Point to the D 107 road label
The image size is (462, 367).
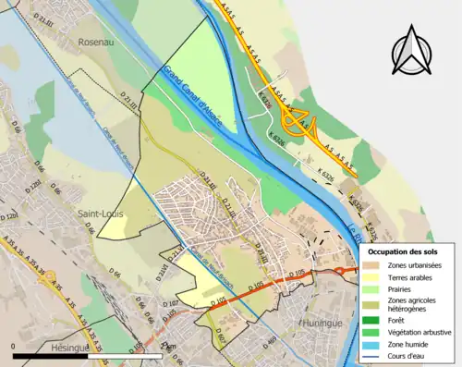click(x=169, y=303)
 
